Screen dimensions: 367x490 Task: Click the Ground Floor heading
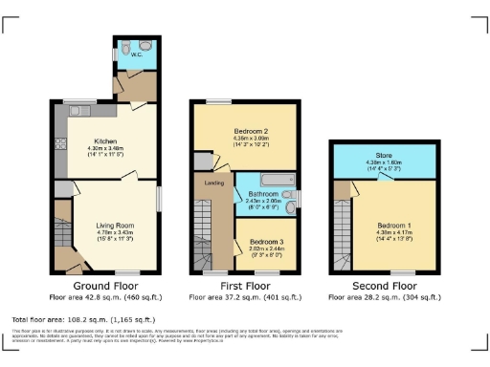(104, 285)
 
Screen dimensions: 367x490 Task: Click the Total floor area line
(83, 319)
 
